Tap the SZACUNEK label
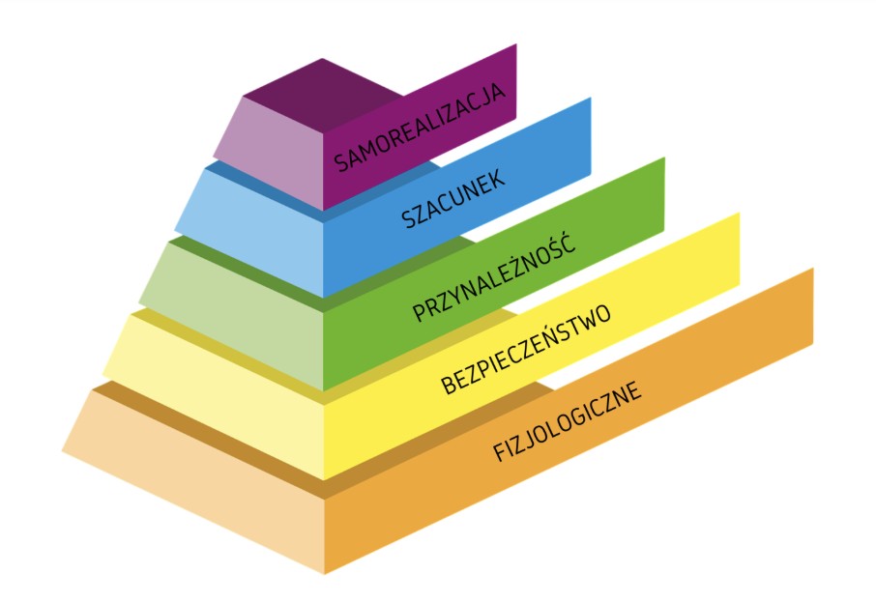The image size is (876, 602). tap(453, 198)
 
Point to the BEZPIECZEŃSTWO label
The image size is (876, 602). tap(526, 350)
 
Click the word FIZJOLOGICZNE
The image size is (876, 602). tap(568, 421)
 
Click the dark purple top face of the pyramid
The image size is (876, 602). tap(322, 92)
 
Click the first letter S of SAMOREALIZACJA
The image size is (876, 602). tap(340, 162)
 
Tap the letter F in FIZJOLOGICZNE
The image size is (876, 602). tap(500, 451)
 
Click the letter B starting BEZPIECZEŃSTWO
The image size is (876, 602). tap(449, 385)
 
